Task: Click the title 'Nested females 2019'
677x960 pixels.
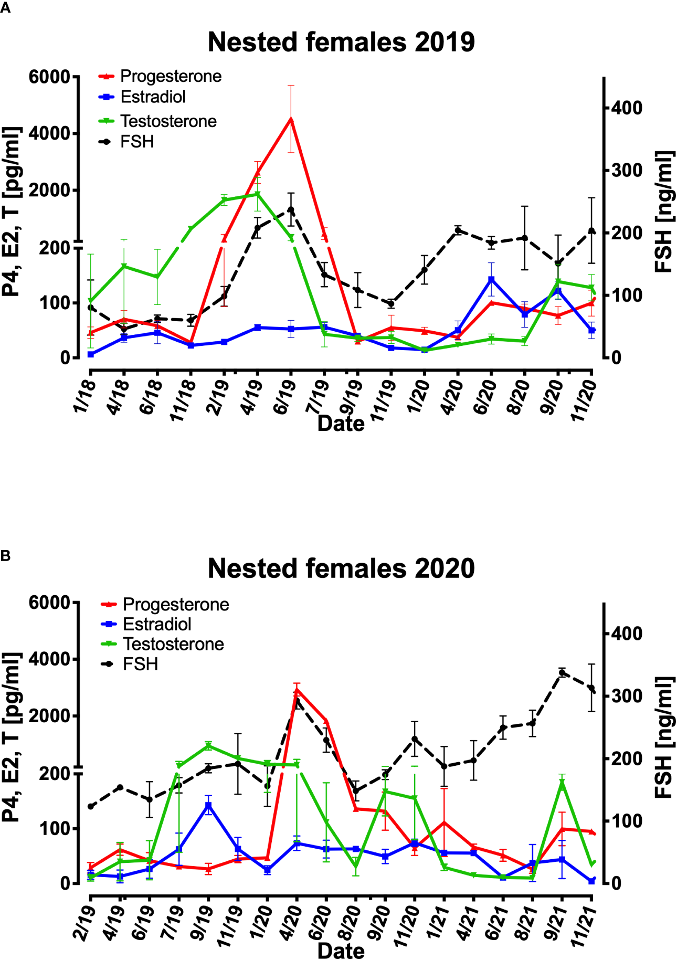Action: pyautogui.click(x=341, y=42)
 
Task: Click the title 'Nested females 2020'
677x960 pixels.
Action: pyautogui.click(x=341, y=568)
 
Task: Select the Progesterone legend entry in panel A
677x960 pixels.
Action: pyautogui.click(x=171, y=77)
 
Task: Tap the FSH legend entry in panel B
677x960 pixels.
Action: pyautogui.click(x=140, y=664)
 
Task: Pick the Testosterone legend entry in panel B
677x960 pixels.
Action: pyautogui.click(x=173, y=645)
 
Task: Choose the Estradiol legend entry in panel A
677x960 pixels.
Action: pyautogui.click(x=153, y=97)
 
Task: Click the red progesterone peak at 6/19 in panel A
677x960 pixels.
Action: pyautogui.click(x=291, y=119)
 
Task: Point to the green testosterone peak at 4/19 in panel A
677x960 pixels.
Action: pyautogui.click(x=257, y=194)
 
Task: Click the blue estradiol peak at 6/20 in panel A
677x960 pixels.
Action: pyautogui.click(x=491, y=280)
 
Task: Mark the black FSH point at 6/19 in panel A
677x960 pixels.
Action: pyautogui.click(x=291, y=210)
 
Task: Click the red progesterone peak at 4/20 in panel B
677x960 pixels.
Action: pyautogui.click(x=297, y=690)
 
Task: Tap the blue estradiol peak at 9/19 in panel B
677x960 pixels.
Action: pyautogui.click(x=208, y=806)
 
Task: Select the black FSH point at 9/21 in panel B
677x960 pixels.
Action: pyautogui.click(x=562, y=672)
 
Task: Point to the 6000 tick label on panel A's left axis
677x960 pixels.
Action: pyautogui.click(x=49, y=77)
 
